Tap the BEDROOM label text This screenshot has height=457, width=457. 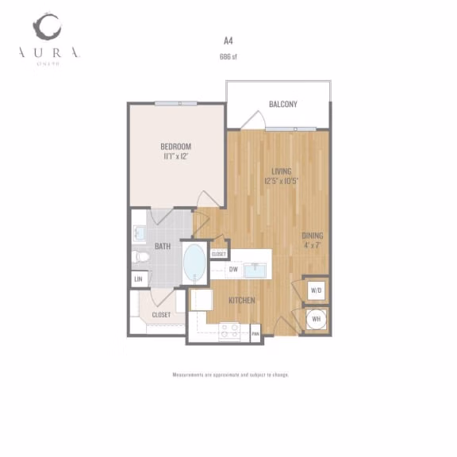pos(175,147)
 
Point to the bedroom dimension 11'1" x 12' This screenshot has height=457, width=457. pos(175,156)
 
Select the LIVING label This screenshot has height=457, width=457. pos(281,171)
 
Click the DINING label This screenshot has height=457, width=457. pos(313,236)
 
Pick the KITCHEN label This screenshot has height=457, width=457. pos(242,301)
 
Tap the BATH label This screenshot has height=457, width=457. pos(163,247)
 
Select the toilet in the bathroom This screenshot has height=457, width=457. pos(142,256)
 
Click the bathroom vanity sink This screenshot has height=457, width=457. pos(139,233)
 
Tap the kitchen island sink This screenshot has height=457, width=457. pos(255,271)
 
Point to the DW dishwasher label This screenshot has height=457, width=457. pos(233,270)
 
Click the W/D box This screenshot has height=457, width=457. pos(316,290)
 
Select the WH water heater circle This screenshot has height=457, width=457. pos(316,319)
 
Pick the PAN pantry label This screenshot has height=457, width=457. pos(255,334)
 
